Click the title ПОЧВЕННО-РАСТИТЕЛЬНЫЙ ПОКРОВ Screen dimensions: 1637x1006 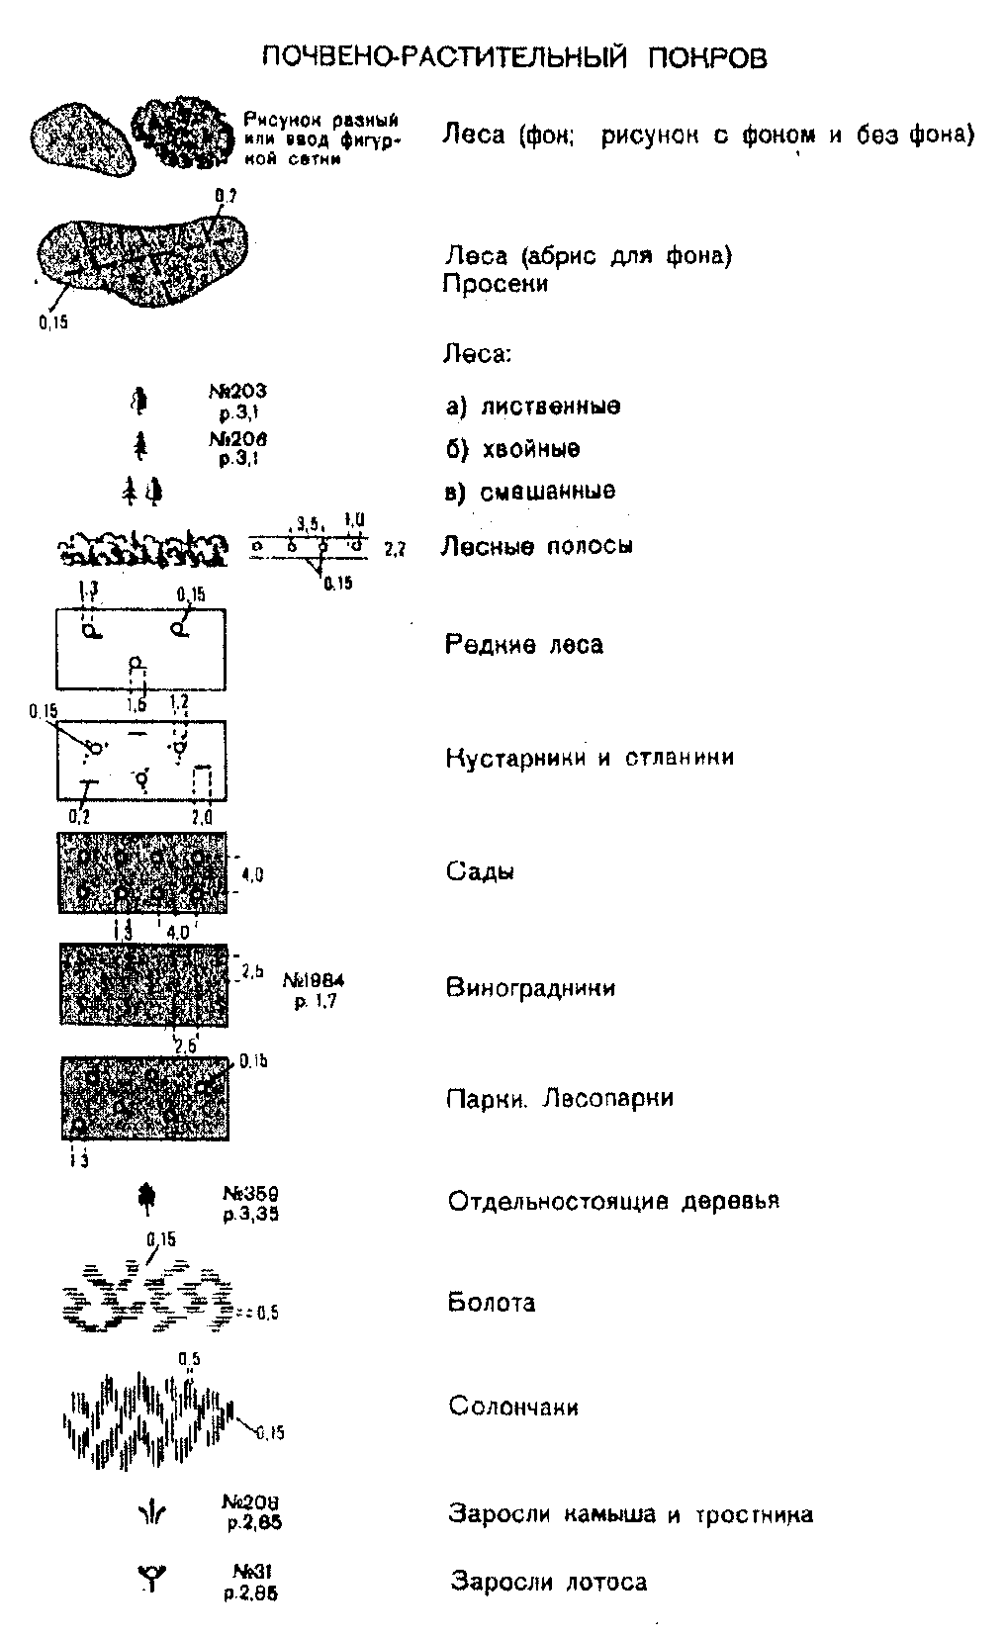[514, 57]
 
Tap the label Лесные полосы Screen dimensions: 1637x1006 [536, 546]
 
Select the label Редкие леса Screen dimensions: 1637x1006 [524, 645]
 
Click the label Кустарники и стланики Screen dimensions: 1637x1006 [590, 758]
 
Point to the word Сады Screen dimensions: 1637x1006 [480, 871]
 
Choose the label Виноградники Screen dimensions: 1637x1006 [531, 987]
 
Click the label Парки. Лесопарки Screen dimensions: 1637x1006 [560, 1098]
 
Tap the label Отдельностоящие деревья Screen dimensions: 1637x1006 [613, 1201]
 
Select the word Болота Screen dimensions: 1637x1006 [492, 1302]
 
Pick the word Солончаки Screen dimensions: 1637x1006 [513, 1406]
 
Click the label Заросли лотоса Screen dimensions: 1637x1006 [549, 1582]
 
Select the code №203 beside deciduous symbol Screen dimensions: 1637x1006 [237, 392]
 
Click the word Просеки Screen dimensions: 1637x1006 [495, 284]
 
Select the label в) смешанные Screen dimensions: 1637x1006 [530, 492]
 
